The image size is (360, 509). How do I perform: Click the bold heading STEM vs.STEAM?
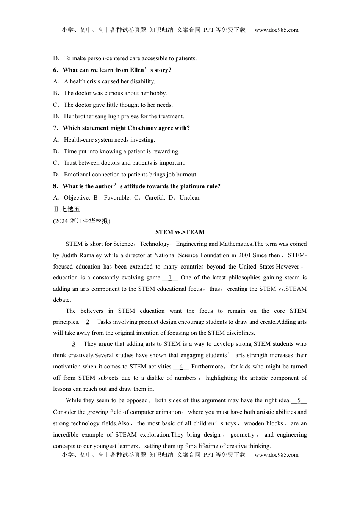180,232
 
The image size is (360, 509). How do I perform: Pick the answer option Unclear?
190,198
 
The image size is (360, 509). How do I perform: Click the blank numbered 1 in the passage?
170,278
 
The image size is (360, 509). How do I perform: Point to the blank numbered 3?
74,344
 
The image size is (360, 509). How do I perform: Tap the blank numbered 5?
299,400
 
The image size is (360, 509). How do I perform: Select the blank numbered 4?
181,367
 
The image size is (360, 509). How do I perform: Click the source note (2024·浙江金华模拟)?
81,221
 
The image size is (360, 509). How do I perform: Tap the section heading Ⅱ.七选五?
67,209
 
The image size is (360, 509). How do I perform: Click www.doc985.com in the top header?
276,30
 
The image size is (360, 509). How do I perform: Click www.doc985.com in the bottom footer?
276,455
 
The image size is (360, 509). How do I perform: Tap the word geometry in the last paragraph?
242,435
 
